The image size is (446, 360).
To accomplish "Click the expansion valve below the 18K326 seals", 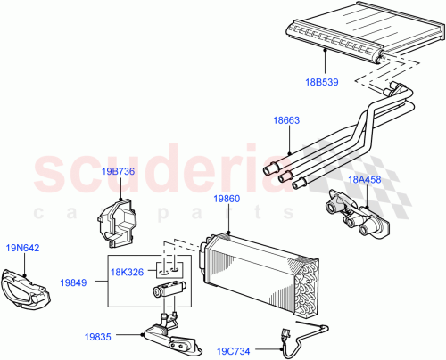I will tap(170, 290).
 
